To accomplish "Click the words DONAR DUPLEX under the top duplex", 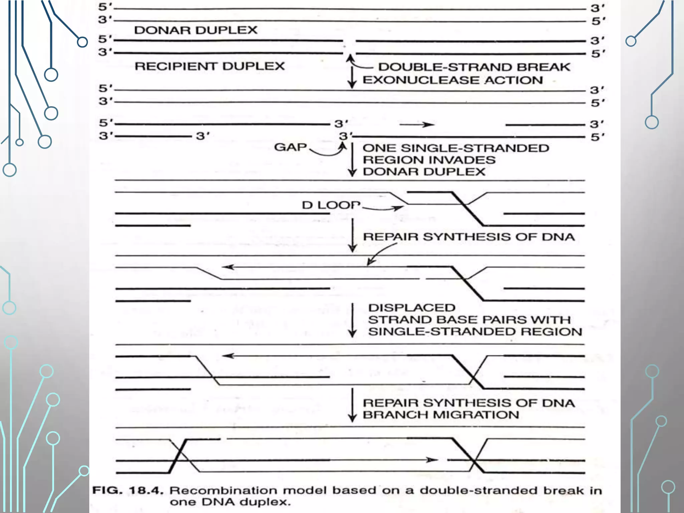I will [x=196, y=30].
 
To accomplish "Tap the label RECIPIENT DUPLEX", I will [x=210, y=66].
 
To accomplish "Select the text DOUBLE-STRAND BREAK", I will [x=474, y=67].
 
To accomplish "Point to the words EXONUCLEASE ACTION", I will [x=453, y=80].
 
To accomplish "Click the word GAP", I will [x=290, y=147].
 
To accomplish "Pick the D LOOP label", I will [x=331, y=205].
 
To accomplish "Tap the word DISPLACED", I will [x=412, y=308].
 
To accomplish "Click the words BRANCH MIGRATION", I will [x=441, y=415].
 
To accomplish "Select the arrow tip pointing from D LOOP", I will [x=399, y=208].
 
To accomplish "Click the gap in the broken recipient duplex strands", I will [x=349, y=47].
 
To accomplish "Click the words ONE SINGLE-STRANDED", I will [x=456, y=148].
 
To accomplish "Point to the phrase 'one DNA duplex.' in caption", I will [x=230, y=502].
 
